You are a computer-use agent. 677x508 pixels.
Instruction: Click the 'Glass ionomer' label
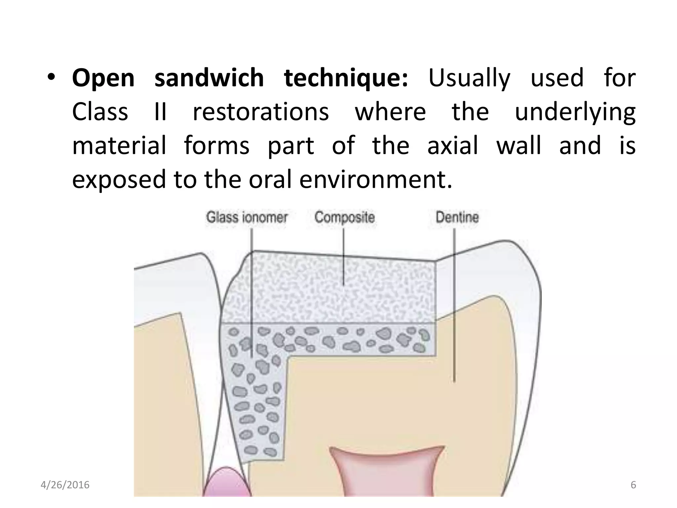[x=247, y=218]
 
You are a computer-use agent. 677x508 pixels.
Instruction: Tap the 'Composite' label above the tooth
[x=344, y=217]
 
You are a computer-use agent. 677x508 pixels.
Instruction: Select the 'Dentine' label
[x=457, y=217]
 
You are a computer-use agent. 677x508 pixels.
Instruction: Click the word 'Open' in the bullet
[x=103, y=78]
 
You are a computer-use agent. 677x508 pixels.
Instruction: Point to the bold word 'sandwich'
[x=209, y=78]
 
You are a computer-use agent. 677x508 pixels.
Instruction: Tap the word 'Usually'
[x=469, y=78]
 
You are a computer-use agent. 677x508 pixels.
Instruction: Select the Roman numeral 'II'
[x=160, y=112]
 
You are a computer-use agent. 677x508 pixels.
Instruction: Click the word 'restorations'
[x=261, y=112]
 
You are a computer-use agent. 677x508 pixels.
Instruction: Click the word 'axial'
[x=453, y=146]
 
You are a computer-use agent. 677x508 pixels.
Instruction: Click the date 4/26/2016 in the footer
[x=65, y=485]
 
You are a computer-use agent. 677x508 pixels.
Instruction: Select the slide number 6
[x=633, y=485]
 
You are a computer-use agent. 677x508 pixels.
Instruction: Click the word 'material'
[x=119, y=146]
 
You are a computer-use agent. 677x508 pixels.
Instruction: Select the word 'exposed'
[x=119, y=180]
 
